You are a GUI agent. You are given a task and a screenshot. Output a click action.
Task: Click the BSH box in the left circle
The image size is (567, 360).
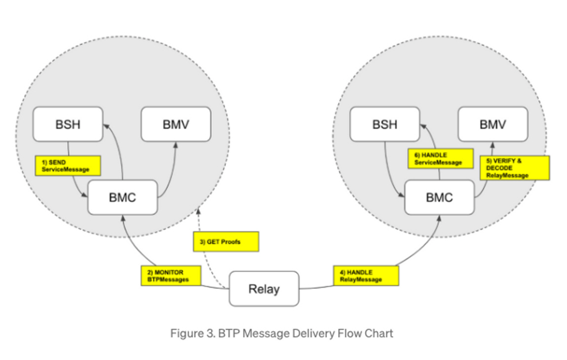click(x=68, y=124)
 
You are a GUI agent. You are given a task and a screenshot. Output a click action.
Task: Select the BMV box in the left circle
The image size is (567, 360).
click(x=176, y=124)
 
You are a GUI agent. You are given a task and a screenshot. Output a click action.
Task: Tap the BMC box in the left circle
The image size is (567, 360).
click(x=122, y=197)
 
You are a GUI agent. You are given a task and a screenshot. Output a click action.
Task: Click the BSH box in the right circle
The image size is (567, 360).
click(x=384, y=124)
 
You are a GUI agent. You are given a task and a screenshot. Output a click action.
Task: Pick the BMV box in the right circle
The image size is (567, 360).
click(x=492, y=124)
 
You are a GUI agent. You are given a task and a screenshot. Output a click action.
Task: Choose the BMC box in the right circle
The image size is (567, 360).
click(x=439, y=197)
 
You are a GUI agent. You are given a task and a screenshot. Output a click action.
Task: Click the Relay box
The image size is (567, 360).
click(x=264, y=289)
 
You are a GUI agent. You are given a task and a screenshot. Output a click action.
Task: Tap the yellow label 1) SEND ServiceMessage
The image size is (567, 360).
click(x=68, y=166)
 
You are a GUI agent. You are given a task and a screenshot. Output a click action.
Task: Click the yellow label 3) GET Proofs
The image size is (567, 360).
click(x=226, y=242)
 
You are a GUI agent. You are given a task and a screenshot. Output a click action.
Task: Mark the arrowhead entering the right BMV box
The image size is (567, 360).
click(x=492, y=144)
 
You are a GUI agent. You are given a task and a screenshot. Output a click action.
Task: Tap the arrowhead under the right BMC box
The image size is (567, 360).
click(x=439, y=218)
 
